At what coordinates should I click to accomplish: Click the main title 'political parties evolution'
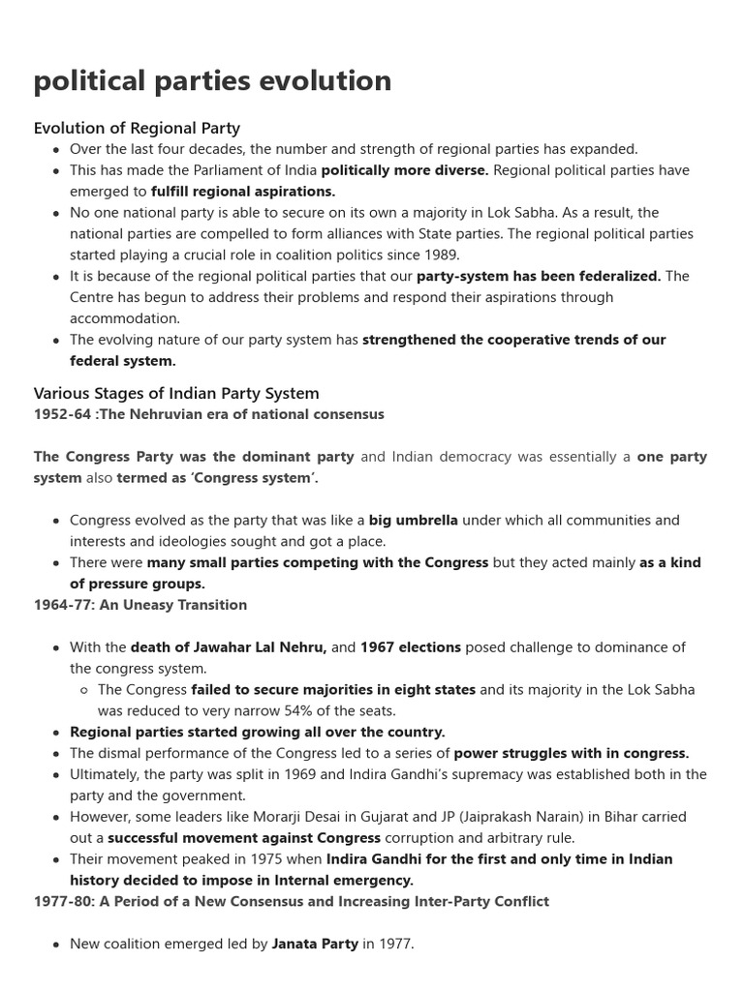pyautogui.click(x=212, y=81)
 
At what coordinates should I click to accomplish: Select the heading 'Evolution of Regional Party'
pyautogui.click(x=137, y=128)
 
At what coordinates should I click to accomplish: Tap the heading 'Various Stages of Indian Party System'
pyautogui.click(x=176, y=393)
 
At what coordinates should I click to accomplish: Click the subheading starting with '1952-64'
pyautogui.click(x=208, y=414)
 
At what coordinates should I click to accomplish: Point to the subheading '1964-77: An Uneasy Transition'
pyautogui.click(x=140, y=605)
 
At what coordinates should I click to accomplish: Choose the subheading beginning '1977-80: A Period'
pyautogui.click(x=291, y=901)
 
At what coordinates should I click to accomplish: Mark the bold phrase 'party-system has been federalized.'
pyautogui.click(x=539, y=277)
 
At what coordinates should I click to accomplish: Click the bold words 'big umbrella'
pyautogui.click(x=414, y=521)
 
